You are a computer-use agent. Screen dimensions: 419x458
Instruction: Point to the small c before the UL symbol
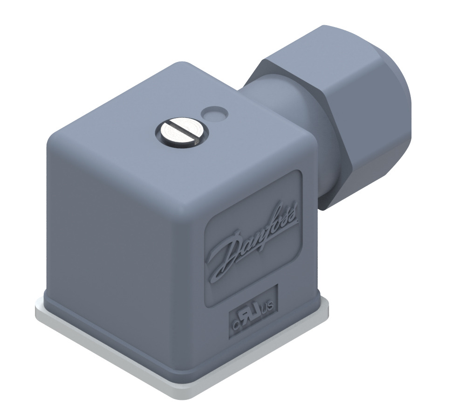(237, 322)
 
